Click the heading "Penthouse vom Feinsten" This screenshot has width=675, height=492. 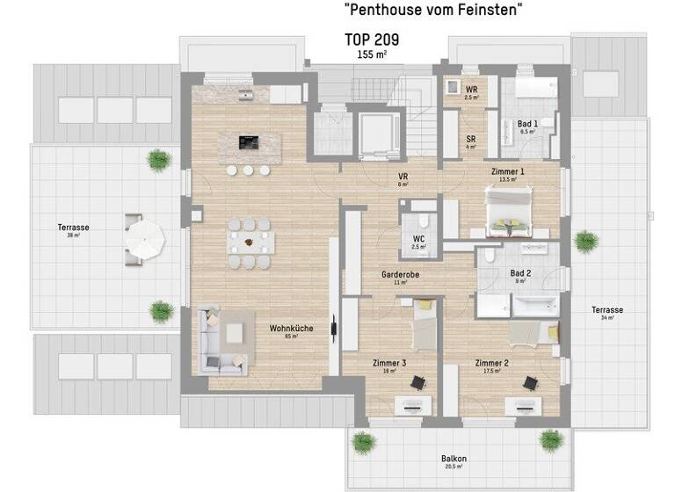tap(434, 11)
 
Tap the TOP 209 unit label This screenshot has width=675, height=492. tap(372, 40)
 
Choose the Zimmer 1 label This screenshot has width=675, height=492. tap(507, 172)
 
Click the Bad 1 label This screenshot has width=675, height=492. tap(528, 125)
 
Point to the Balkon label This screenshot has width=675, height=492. tap(454, 459)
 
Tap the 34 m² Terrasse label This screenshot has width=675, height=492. tap(607, 310)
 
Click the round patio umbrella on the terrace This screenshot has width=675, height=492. tap(145, 236)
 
